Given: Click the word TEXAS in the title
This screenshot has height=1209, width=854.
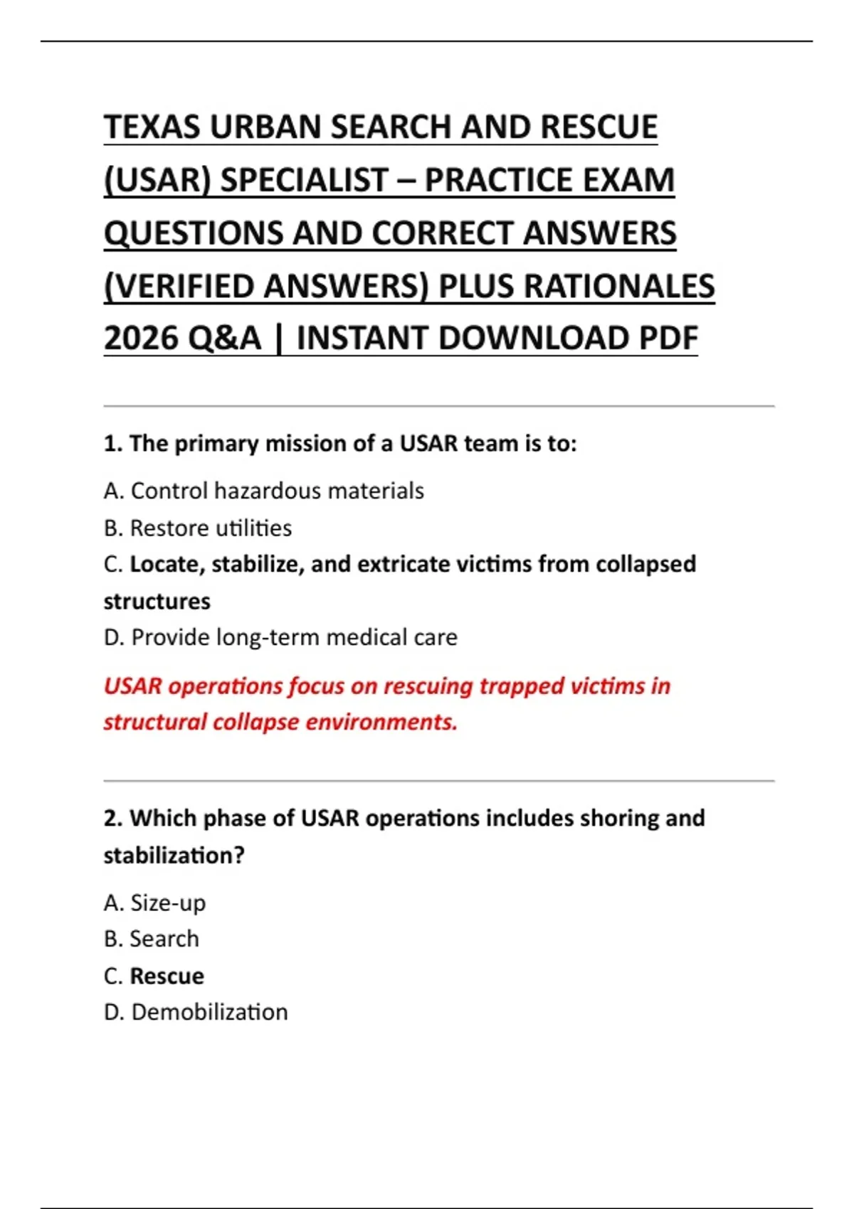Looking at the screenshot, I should click(152, 127).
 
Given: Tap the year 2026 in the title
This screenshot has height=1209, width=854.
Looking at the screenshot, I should click(142, 338).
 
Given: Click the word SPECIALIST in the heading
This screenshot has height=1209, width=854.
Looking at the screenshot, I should click(304, 180).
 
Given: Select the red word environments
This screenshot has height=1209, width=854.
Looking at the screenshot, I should click(381, 722).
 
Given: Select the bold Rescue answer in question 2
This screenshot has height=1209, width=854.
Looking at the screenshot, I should click(167, 976).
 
